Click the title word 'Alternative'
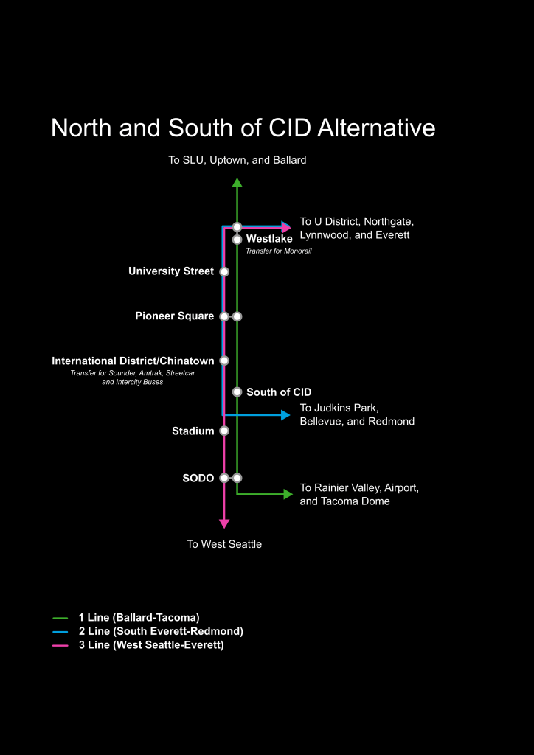[x=376, y=128]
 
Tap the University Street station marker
[x=224, y=271]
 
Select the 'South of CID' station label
[x=279, y=392]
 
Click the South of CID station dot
[x=237, y=392]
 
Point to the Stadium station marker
[x=224, y=431]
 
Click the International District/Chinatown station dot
[x=224, y=361]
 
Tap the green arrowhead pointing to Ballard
[x=237, y=183]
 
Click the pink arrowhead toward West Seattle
[x=224, y=523]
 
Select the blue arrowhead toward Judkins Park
[x=286, y=415]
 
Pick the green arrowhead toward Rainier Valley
[x=288, y=494]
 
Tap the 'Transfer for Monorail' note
[x=274, y=251]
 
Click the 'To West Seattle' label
[x=224, y=544]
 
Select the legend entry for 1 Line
[x=139, y=617]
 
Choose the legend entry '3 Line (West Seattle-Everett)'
[x=150, y=645]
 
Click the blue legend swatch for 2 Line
[x=60, y=632]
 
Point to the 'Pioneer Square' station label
[x=174, y=316]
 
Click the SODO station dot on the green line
[x=237, y=478]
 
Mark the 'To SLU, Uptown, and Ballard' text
[x=237, y=160]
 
